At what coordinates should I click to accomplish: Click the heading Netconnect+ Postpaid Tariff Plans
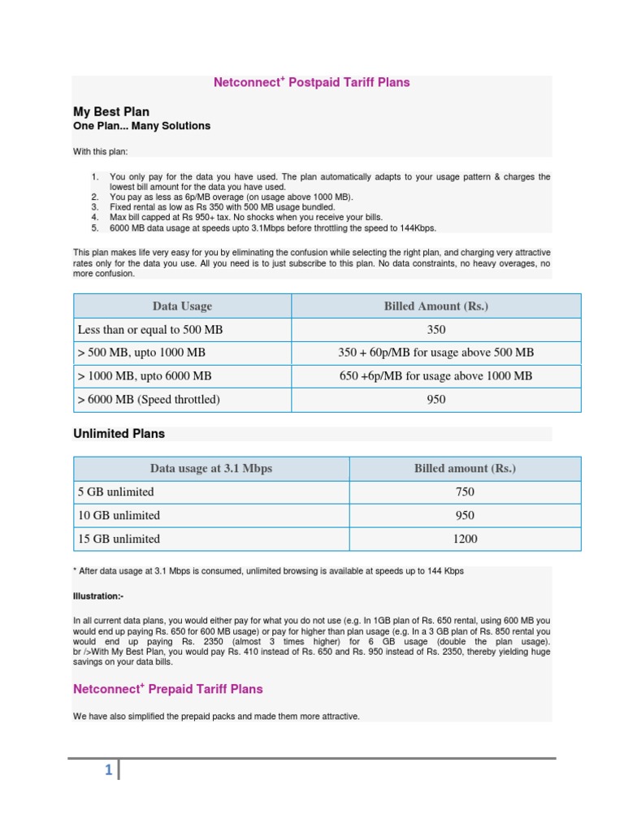(311, 83)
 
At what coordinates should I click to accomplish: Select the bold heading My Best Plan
(111, 111)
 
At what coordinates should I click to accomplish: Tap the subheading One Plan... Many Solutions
(141, 126)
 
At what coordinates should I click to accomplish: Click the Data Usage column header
(182, 306)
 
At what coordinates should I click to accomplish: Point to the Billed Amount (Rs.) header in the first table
(435, 306)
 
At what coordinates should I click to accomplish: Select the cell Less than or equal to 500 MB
(149, 330)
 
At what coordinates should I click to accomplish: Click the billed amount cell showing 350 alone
(435, 330)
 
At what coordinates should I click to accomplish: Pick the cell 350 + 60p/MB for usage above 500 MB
(435, 353)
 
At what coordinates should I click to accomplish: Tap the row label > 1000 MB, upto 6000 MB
(145, 376)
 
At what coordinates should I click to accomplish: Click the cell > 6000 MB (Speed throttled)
(149, 400)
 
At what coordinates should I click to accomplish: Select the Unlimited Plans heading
(119, 434)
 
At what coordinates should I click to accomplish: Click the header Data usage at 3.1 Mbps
(211, 469)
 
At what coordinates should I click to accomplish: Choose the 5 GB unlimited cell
(115, 492)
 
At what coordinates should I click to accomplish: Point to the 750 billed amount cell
(465, 492)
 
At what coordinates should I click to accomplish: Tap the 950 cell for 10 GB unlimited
(465, 515)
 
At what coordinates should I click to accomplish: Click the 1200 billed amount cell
(465, 539)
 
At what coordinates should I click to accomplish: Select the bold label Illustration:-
(98, 596)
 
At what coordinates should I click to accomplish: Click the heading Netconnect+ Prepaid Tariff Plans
(168, 689)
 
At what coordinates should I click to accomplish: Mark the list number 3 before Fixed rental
(94, 207)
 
